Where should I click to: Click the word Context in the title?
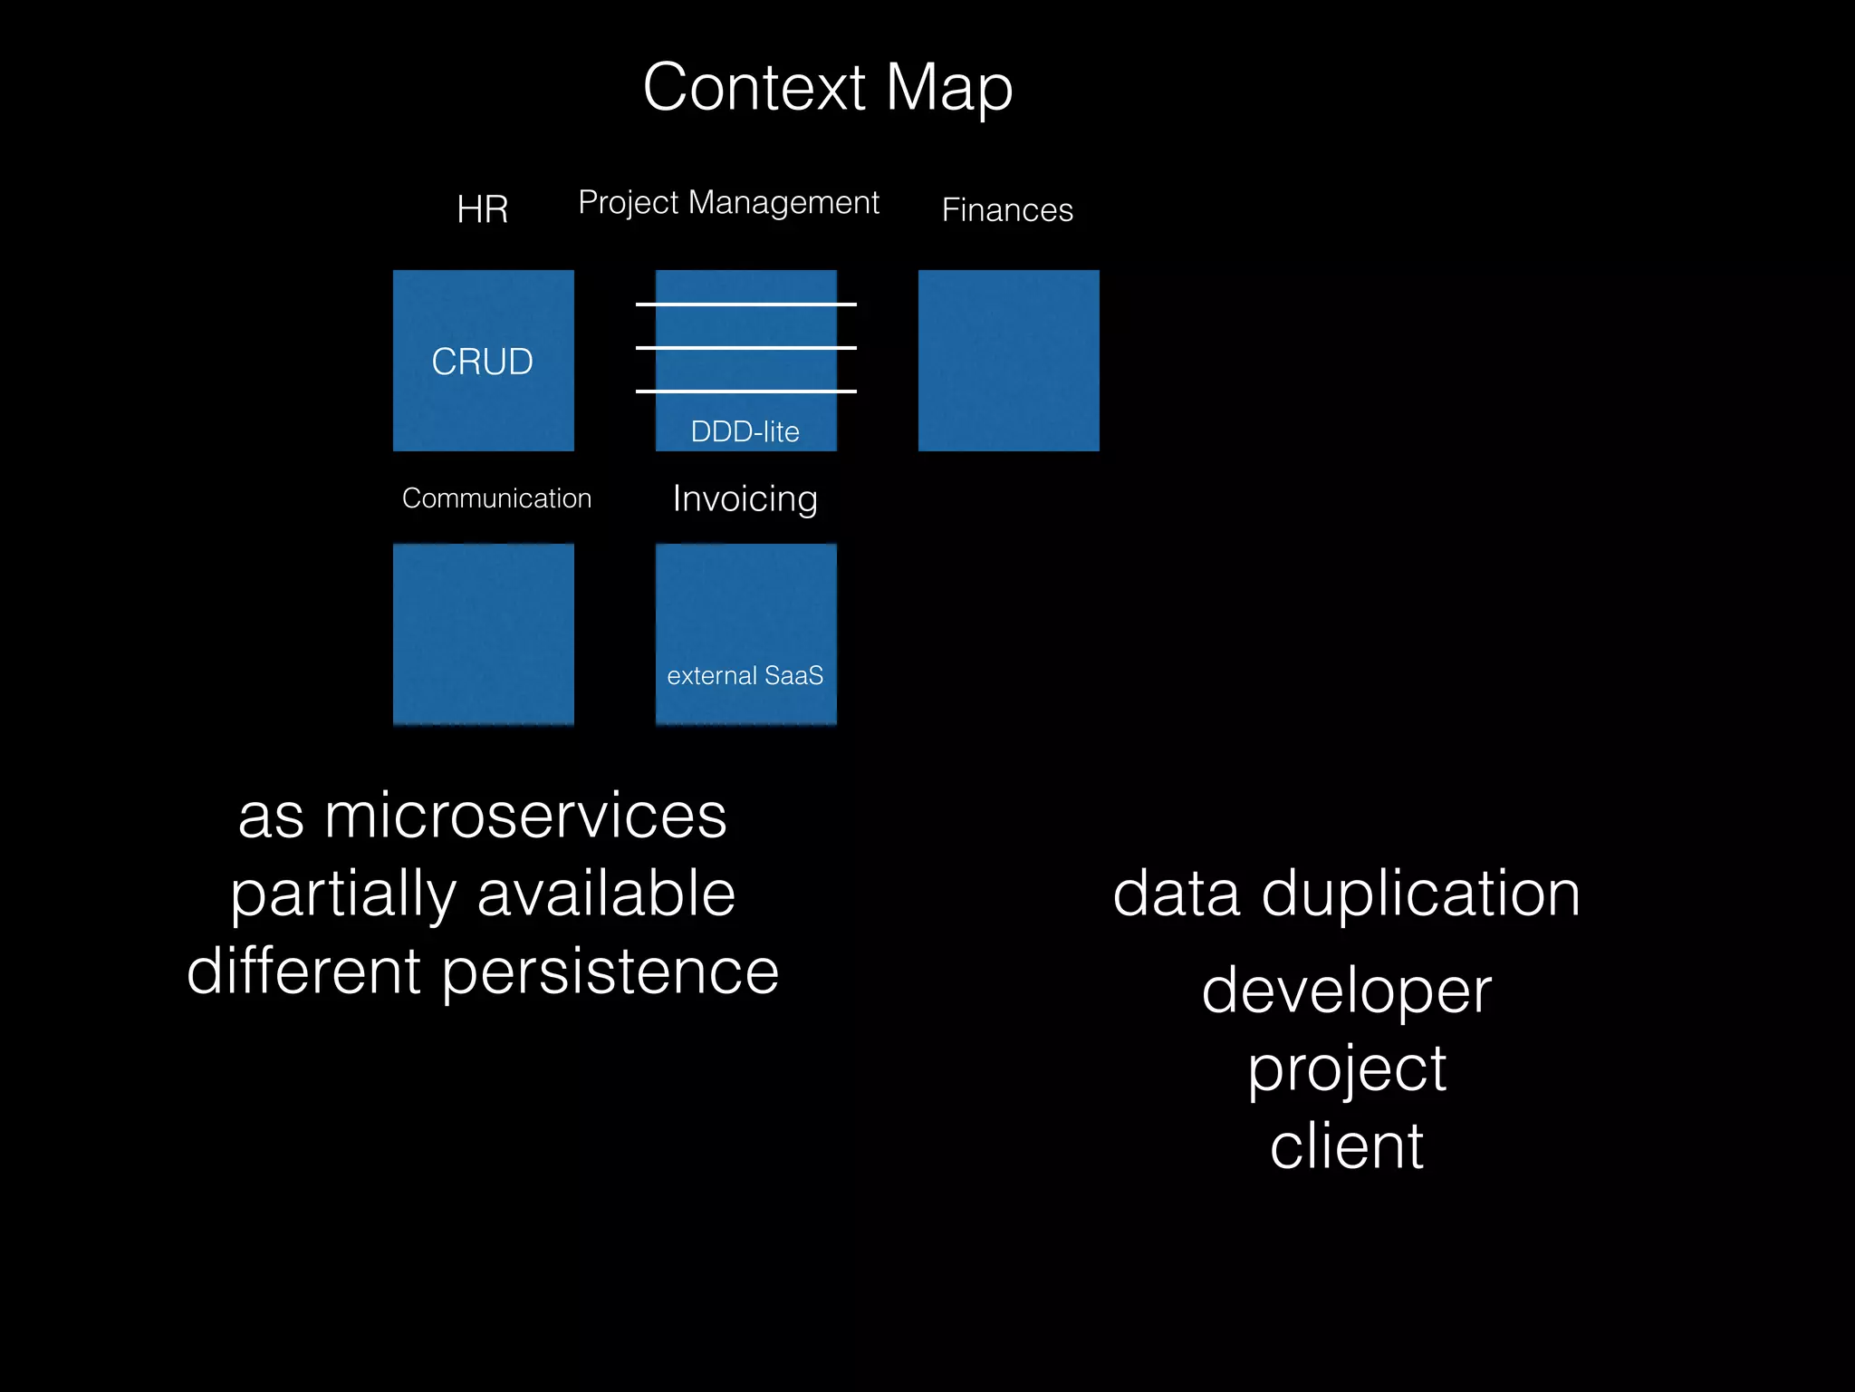pyautogui.click(x=754, y=88)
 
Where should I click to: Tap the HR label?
pyautogui.click(x=482, y=209)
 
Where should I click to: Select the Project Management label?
pyautogui.click(x=728, y=202)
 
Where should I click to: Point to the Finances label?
pyautogui.click(x=1007, y=210)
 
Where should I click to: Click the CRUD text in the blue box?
pyautogui.click(x=482, y=362)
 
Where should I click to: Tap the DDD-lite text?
pyautogui.click(x=745, y=431)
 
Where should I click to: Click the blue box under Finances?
pyautogui.click(x=1008, y=361)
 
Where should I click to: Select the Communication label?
pyautogui.click(x=496, y=498)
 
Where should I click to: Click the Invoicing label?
pyautogui.click(x=745, y=498)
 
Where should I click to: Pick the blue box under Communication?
pyautogui.click(x=483, y=633)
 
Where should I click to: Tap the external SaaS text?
pyautogui.click(x=745, y=675)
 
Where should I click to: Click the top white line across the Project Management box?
pyautogui.click(x=745, y=304)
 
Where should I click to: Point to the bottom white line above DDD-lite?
pyautogui.click(x=745, y=391)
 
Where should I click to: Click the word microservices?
pyautogui.click(x=525, y=816)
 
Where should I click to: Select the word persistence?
pyautogui.click(x=610, y=971)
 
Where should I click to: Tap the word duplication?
pyautogui.click(x=1420, y=894)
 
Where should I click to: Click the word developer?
pyautogui.click(x=1346, y=991)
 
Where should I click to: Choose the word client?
pyautogui.click(x=1346, y=1146)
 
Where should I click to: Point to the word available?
pyautogui.click(x=605, y=894)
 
